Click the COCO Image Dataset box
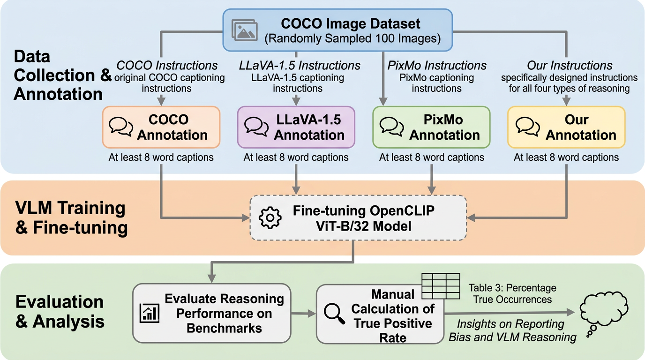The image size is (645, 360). click(337, 30)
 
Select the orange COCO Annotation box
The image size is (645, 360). click(161, 127)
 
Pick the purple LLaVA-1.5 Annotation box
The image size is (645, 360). click(296, 127)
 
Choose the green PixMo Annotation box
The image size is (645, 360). click(431, 127)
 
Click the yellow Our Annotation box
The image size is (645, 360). click(566, 127)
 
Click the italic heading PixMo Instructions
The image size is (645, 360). click(437, 66)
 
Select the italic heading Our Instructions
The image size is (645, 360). click(570, 66)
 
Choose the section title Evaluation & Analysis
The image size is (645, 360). click(60, 312)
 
